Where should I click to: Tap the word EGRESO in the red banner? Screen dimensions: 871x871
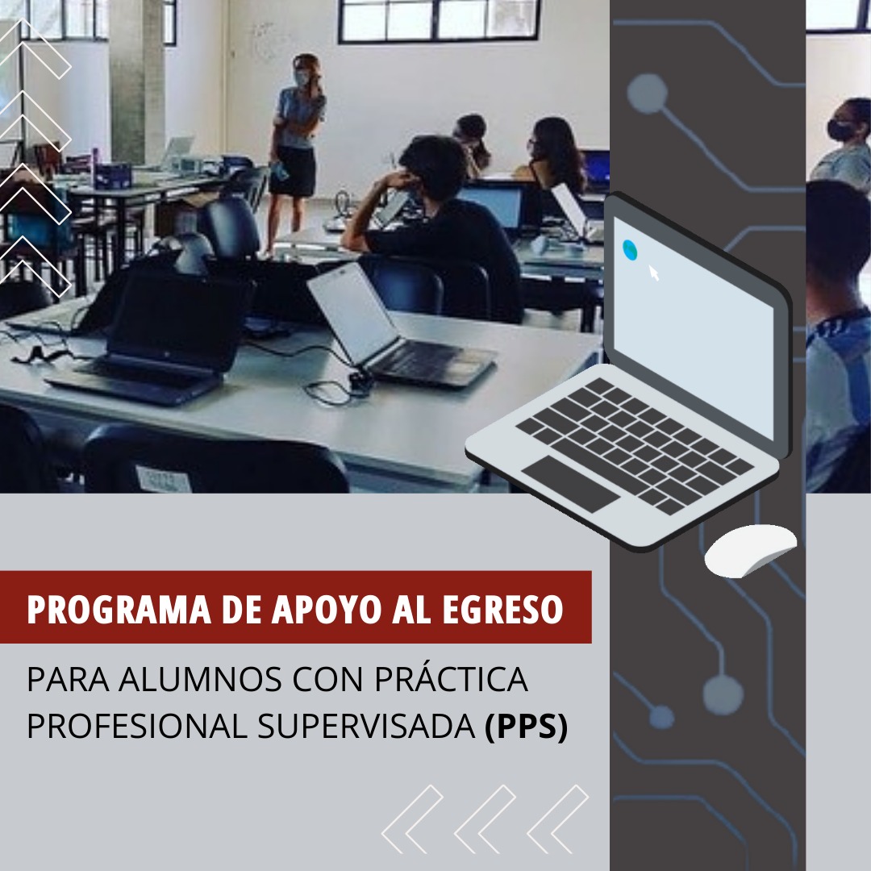click(x=502, y=610)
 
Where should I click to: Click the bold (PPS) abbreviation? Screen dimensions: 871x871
click(x=527, y=726)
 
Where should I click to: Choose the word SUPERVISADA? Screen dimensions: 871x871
click(x=367, y=726)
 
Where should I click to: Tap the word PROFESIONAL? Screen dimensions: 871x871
click(x=137, y=726)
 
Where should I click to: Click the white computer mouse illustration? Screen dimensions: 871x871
click(x=751, y=550)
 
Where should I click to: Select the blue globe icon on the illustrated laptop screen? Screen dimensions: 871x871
click(x=629, y=250)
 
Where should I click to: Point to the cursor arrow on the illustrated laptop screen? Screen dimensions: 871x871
click(x=654, y=273)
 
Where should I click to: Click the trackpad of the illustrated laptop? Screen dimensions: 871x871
click(x=570, y=483)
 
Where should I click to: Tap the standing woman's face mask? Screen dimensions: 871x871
click(x=302, y=79)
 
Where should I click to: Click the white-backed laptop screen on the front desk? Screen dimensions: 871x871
click(x=353, y=313)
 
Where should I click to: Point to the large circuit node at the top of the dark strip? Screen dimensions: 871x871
click(x=647, y=94)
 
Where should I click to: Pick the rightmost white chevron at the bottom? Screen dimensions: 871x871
click(x=558, y=819)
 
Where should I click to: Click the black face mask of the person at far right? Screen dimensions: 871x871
click(x=840, y=130)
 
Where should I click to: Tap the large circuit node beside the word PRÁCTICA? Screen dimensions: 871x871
click(x=723, y=695)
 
